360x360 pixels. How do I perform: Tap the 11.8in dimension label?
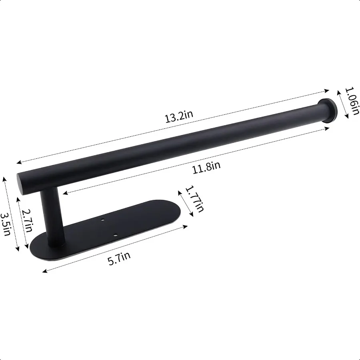(206, 167)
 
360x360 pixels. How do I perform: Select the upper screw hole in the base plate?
(102, 220)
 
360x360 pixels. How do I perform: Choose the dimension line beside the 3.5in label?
(11, 214)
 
